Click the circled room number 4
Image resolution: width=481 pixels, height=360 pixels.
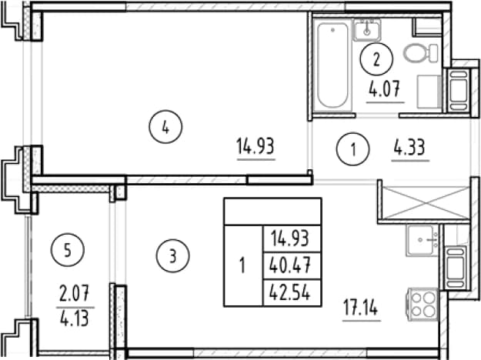tap(165, 127)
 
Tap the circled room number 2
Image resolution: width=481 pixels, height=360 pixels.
tap(376, 59)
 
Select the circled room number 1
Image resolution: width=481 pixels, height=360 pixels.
tap(353, 149)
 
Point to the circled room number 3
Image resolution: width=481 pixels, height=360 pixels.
tap(172, 255)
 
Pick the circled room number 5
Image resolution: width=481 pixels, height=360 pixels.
tap(68, 250)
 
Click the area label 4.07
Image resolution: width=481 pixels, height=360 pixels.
tap(385, 90)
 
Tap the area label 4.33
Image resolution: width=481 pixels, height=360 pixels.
tap(410, 147)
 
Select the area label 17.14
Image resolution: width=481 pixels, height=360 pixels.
tap(361, 308)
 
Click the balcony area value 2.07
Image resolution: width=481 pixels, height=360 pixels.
tap(74, 292)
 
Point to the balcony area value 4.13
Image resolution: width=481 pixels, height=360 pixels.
tap(75, 318)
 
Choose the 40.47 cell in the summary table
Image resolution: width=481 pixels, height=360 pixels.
tap(290, 265)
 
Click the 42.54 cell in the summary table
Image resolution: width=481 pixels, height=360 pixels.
tap(290, 292)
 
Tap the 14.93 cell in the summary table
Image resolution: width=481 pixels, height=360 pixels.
tap(290, 239)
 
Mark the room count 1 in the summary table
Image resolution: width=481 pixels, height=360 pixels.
tap(242, 265)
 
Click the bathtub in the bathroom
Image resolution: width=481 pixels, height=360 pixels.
tap(332, 65)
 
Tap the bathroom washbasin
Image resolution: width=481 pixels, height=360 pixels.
tap(367, 29)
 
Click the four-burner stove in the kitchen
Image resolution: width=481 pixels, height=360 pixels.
tap(423, 305)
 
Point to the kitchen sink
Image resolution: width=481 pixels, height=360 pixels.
tap(423, 241)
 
